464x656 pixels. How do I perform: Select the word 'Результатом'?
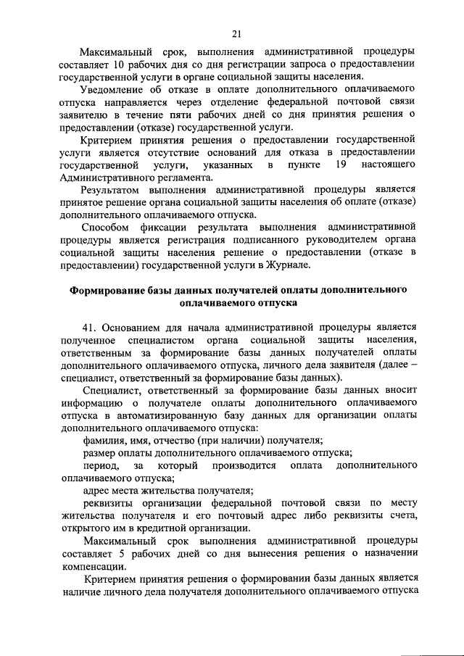[x=112, y=190]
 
